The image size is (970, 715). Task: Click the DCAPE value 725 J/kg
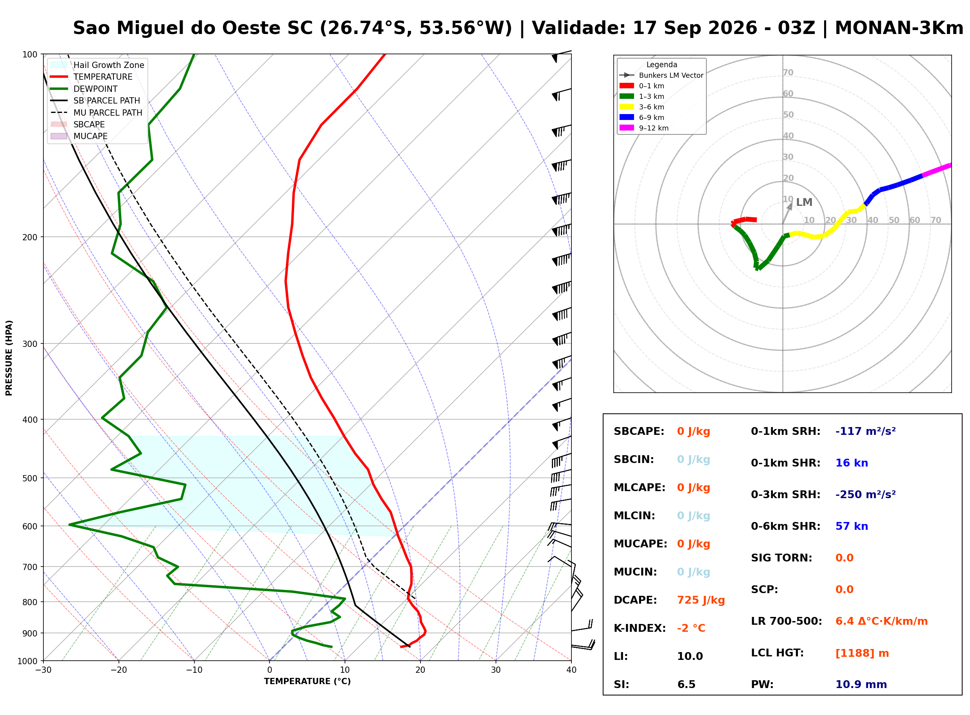point(701,600)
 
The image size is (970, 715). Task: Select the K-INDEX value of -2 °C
point(691,628)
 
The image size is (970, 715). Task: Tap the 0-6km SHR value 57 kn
point(852,526)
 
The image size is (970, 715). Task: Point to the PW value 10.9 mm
point(861,685)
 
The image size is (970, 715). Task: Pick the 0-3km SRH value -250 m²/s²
point(866,495)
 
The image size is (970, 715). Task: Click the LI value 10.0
point(690,656)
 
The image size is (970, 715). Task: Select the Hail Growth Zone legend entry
point(97,65)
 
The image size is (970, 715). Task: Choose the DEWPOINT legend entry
point(84,89)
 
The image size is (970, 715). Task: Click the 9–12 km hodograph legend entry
point(644,128)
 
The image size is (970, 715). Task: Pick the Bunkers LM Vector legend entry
point(661,75)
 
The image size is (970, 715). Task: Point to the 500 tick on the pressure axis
point(29,478)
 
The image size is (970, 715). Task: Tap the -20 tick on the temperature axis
point(118,670)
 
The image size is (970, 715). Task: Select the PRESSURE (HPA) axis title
point(9,358)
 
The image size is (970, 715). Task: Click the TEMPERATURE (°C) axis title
point(307,681)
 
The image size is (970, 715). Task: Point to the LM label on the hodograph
point(804,202)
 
